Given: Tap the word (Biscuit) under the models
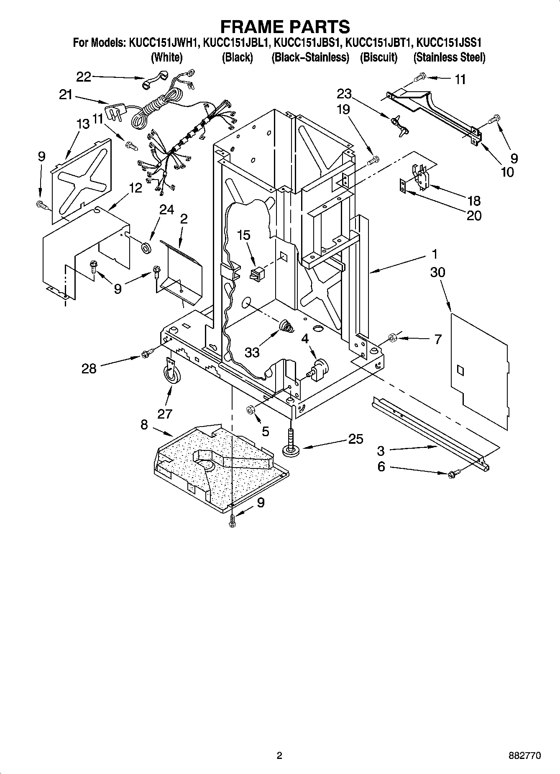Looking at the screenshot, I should (x=378, y=57).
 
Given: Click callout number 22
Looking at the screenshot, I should (x=84, y=77).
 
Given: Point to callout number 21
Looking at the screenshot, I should (x=66, y=95).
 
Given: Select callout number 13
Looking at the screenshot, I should (x=83, y=124).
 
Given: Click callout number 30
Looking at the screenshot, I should (x=437, y=272).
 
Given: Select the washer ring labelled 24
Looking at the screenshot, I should (x=146, y=247).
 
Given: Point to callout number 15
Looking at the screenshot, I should (x=244, y=235).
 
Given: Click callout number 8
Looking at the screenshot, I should (x=144, y=425).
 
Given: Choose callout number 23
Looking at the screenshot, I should (x=345, y=93).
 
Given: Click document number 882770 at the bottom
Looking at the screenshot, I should (x=524, y=756).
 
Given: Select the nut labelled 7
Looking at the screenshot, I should (x=393, y=337).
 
